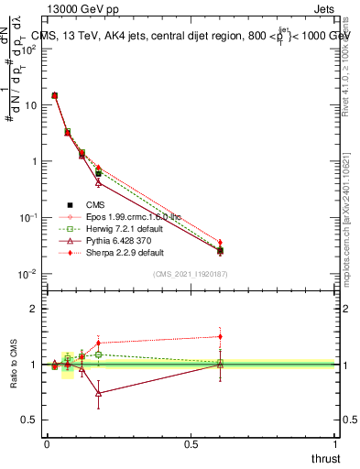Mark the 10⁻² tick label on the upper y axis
tap(27, 274)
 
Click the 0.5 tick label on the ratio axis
tap(30, 420)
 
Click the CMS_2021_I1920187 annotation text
tap(191, 274)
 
